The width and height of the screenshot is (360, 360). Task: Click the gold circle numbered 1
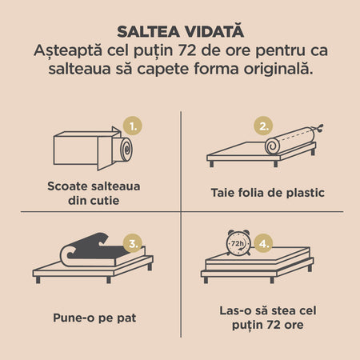(x=133, y=126)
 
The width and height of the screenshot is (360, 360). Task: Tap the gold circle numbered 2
(x=263, y=126)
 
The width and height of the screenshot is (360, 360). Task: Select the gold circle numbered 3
(x=133, y=243)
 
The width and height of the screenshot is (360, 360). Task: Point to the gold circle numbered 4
(x=263, y=243)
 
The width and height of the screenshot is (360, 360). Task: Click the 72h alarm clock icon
(x=238, y=242)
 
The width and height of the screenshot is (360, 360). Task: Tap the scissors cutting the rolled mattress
(x=319, y=129)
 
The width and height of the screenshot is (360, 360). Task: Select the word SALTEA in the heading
(x=148, y=32)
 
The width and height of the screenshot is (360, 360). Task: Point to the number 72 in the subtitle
(x=187, y=50)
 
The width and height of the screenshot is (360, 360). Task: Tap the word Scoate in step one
(x=64, y=186)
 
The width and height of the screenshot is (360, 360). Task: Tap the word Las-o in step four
(x=234, y=310)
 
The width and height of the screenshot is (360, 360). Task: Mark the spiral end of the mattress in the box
(x=126, y=150)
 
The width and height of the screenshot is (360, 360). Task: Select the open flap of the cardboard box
(x=106, y=153)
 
